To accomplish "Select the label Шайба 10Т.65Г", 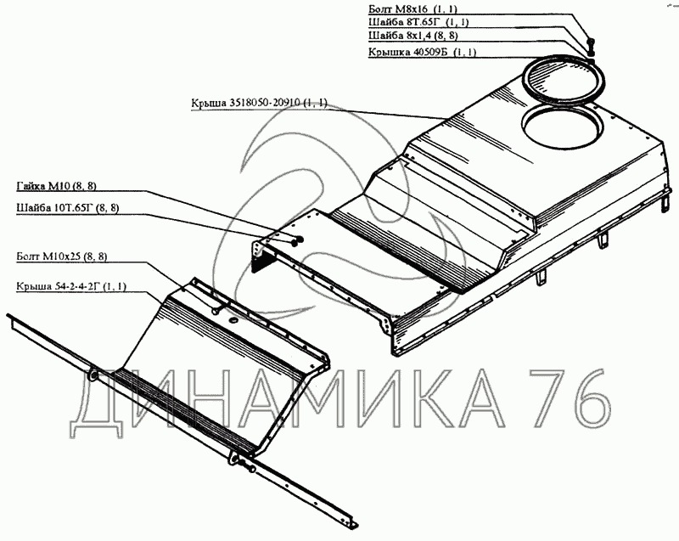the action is coord(68,207).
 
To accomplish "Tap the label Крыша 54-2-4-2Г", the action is coord(70,287).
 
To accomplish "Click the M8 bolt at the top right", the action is coord(589,44).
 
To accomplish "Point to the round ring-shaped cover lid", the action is coord(565,78).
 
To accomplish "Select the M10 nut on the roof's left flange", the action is coord(295,241).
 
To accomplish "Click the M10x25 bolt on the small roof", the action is coord(216,312).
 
